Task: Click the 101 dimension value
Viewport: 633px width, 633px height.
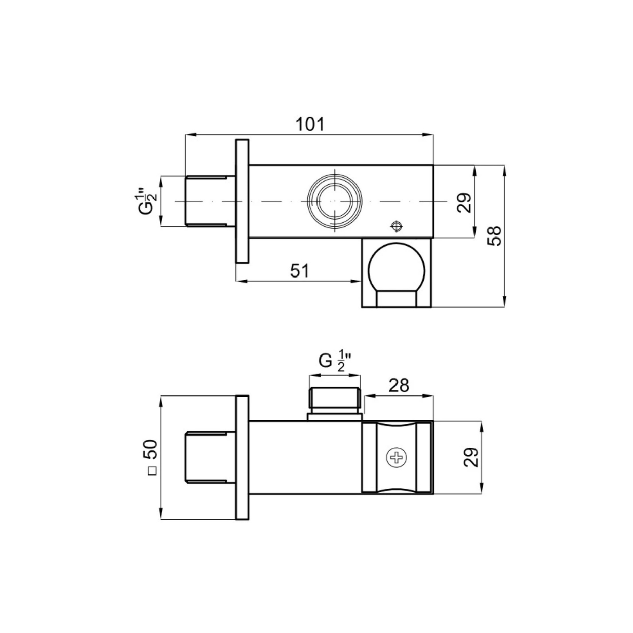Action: (x=310, y=124)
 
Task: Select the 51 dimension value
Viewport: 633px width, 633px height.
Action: (x=300, y=271)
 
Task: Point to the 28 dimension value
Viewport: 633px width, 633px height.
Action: (x=399, y=386)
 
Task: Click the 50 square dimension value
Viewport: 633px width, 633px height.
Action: (x=151, y=449)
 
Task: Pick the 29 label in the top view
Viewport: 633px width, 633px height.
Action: (x=464, y=203)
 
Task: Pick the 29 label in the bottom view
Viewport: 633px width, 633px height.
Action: (x=471, y=457)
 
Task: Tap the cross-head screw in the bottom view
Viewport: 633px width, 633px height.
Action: (x=397, y=457)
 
